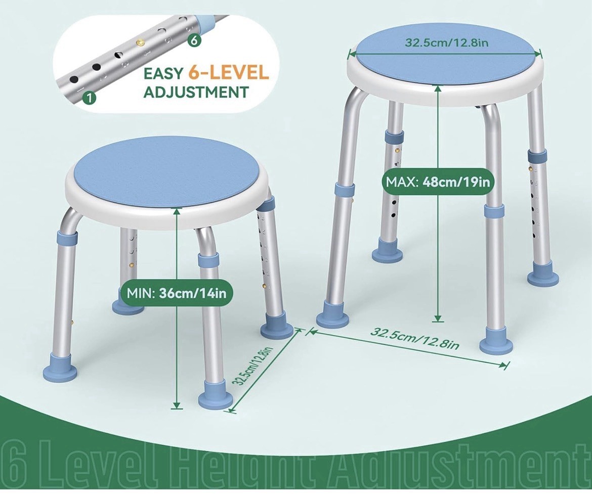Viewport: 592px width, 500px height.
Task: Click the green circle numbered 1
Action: point(89,98)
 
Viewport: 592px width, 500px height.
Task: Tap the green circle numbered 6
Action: point(193,40)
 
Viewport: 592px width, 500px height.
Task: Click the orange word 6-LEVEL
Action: point(228,73)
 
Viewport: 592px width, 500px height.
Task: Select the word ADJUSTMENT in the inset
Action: point(196,92)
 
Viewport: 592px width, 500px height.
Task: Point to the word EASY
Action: point(163,73)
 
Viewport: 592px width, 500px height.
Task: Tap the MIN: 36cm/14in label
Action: point(176,293)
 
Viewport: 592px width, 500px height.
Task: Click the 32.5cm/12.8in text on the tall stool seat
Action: point(446,42)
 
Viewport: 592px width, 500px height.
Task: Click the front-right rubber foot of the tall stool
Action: point(496,344)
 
